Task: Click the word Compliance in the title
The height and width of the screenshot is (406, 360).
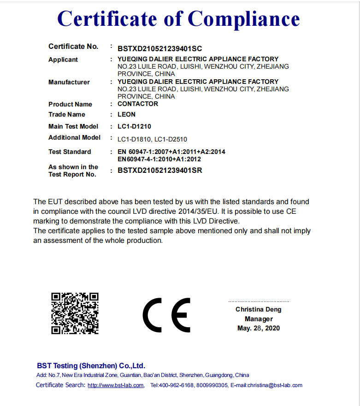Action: point(243,19)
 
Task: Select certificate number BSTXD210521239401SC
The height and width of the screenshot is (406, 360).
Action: point(159,48)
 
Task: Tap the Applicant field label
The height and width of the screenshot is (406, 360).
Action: point(63,59)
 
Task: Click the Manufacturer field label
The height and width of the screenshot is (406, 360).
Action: point(69,82)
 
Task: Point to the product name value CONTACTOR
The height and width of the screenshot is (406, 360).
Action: point(138,104)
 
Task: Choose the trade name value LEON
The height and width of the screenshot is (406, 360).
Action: point(126,114)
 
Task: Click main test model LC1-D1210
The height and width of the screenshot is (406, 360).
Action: point(134,126)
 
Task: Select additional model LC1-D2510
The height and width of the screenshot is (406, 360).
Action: point(171,139)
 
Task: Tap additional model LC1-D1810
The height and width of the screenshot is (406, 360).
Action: point(134,139)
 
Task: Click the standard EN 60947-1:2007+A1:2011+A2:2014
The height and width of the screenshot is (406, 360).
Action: point(171,152)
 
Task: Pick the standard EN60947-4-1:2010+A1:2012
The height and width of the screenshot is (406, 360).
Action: point(159,159)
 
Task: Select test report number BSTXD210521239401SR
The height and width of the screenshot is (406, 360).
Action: point(159,171)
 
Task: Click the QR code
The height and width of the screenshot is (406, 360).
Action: point(75,313)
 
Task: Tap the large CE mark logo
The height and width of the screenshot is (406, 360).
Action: point(166,315)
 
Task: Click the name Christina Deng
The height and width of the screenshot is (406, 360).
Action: point(258,309)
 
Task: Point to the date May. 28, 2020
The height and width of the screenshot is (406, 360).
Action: point(258,328)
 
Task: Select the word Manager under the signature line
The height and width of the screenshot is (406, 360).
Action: point(259,319)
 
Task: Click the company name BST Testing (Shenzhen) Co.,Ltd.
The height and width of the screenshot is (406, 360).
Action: point(91,366)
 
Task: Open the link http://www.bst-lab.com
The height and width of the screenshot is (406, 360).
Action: point(116,385)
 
